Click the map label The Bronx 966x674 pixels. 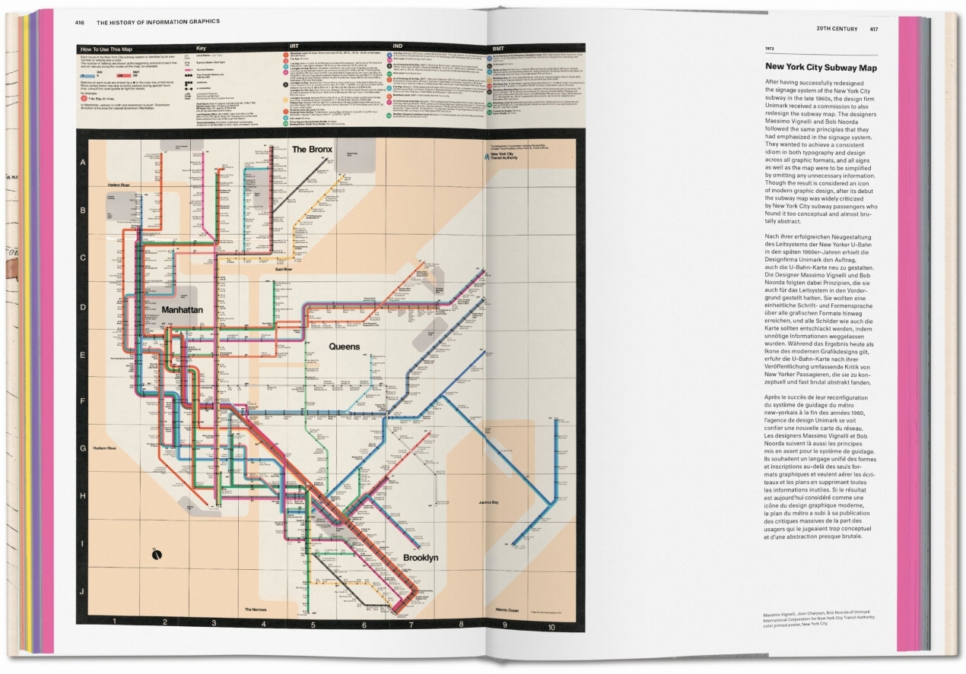click(313, 149)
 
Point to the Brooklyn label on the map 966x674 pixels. click(421, 558)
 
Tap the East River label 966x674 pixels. click(284, 270)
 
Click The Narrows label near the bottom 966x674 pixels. click(259, 609)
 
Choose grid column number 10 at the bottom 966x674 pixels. click(551, 627)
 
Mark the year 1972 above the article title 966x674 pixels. click(770, 49)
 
